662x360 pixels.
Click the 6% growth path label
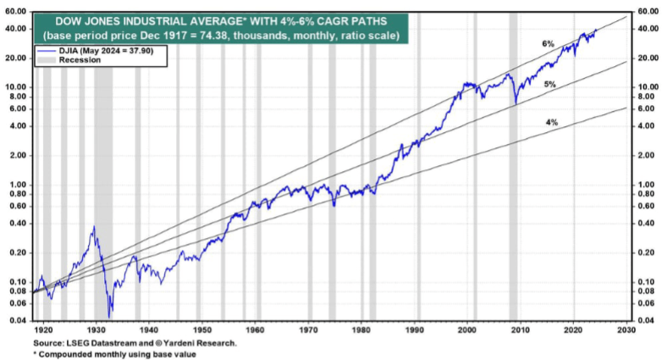(549, 42)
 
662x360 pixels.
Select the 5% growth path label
(549, 85)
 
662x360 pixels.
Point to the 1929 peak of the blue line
(92, 227)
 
